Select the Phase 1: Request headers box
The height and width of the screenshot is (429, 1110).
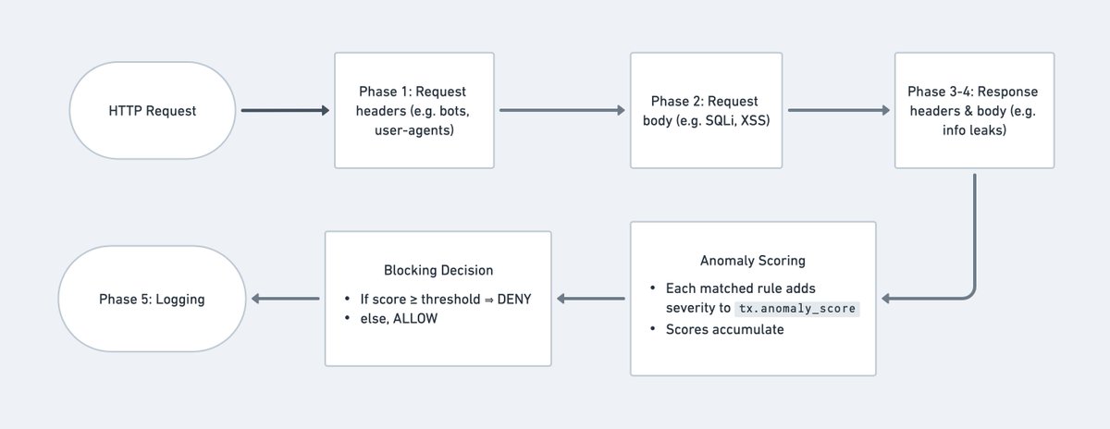click(x=413, y=110)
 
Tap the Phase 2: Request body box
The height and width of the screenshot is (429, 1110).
click(x=706, y=110)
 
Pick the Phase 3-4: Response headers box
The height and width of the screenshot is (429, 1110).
click(x=974, y=110)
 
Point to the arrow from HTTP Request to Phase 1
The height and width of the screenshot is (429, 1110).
click(x=285, y=111)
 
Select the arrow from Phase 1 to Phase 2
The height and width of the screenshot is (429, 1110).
click(x=561, y=111)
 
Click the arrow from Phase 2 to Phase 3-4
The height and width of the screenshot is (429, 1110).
click(x=838, y=111)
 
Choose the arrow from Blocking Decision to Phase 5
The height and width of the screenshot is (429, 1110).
click(x=286, y=299)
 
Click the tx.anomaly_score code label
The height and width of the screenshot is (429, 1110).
click(x=803, y=309)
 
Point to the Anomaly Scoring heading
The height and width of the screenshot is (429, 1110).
click(x=753, y=261)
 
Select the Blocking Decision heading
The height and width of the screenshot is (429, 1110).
click(x=438, y=271)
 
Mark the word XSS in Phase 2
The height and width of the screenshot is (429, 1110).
click(x=758, y=120)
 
